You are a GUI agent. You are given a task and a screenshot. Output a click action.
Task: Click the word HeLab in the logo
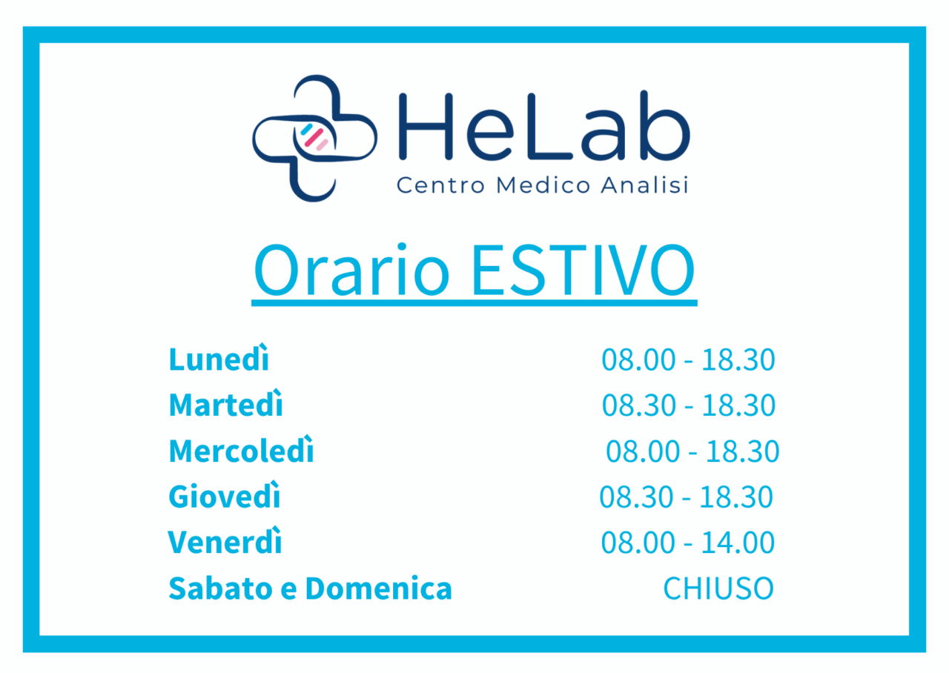(x=544, y=126)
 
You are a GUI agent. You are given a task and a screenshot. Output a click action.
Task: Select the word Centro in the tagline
(x=440, y=185)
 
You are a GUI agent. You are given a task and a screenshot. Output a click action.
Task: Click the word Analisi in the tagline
(x=644, y=185)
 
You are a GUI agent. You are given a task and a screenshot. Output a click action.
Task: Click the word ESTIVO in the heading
(x=583, y=270)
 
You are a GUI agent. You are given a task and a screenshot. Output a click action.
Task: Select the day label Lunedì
(x=219, y=358)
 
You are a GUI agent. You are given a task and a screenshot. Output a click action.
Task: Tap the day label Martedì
(x=225, y=403)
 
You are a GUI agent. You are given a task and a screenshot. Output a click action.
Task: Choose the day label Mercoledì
(x=241, y=449)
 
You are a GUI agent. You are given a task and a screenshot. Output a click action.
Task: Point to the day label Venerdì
(x=225, y=540)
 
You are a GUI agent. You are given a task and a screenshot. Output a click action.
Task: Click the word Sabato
(x=220, y=588)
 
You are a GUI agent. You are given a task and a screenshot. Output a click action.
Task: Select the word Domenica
(x=379, y=588)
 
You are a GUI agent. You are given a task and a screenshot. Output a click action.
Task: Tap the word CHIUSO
(x=718, y=589)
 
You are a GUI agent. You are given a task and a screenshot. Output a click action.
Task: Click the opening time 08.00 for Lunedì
(x=638, y=359)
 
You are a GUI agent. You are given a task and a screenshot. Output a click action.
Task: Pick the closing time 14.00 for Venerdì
(x=738, y=542)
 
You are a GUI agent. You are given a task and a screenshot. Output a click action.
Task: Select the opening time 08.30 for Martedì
(x=639, y=405)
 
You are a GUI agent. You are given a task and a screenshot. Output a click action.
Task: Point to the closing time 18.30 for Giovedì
(x=736, y=497)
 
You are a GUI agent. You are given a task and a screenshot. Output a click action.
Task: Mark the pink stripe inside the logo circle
(x=314, y=138)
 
